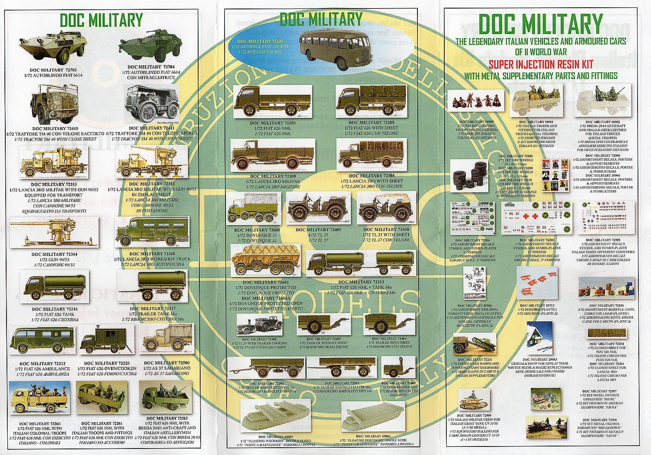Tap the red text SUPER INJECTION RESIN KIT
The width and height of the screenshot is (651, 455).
click(541, 64)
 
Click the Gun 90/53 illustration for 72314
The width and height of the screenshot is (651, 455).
click(54, 232)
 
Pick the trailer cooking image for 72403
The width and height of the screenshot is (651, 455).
click(394, 368)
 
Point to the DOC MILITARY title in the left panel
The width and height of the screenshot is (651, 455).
click(101, 20)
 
